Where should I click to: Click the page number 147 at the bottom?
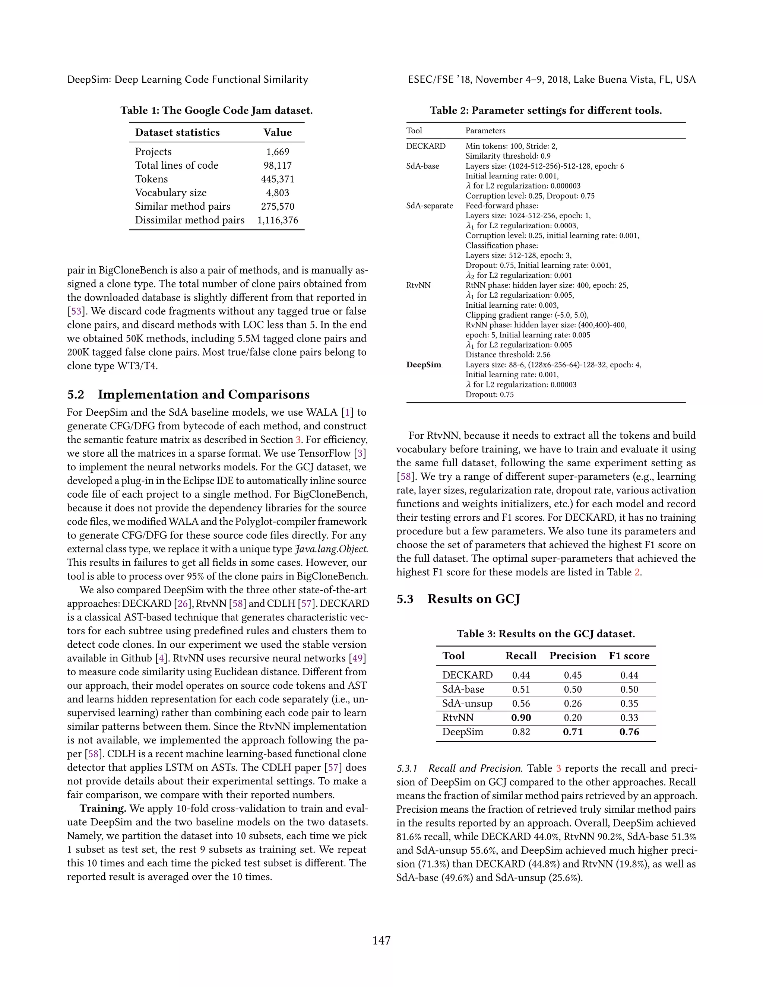pyautogui.click(x=381, y=940)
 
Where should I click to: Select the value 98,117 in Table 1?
pyautogui.click(x=278, y=165)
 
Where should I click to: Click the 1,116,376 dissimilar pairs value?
pyautogui.click(x=278, y=220)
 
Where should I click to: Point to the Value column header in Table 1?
pyautogui.click(x=278, y=133)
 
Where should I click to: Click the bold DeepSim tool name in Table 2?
pyautogui.click(x=424, y=365)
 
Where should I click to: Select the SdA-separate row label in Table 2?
pyautogui.click(x=430, y=206)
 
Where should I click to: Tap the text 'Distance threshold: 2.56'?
pyautogui.click(x=508, y=355)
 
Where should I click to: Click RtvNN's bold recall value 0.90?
pyautogui.click(x=521, y=718)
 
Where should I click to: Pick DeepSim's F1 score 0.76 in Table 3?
pyautogui.click(x=629, y=731)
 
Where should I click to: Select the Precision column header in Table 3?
pyautogui.click(x=572, y=656)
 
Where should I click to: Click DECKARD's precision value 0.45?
pyautogui.click(x=572, y=675)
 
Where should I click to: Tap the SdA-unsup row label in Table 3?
pyautogui.click(x=467, y=704)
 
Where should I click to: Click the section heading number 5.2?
pyautogui.click(x=76, y=394)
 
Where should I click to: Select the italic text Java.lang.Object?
pyautogui.click(x=331, y=549)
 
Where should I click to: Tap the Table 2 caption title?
pyautogui.click(x=545, y=111)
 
